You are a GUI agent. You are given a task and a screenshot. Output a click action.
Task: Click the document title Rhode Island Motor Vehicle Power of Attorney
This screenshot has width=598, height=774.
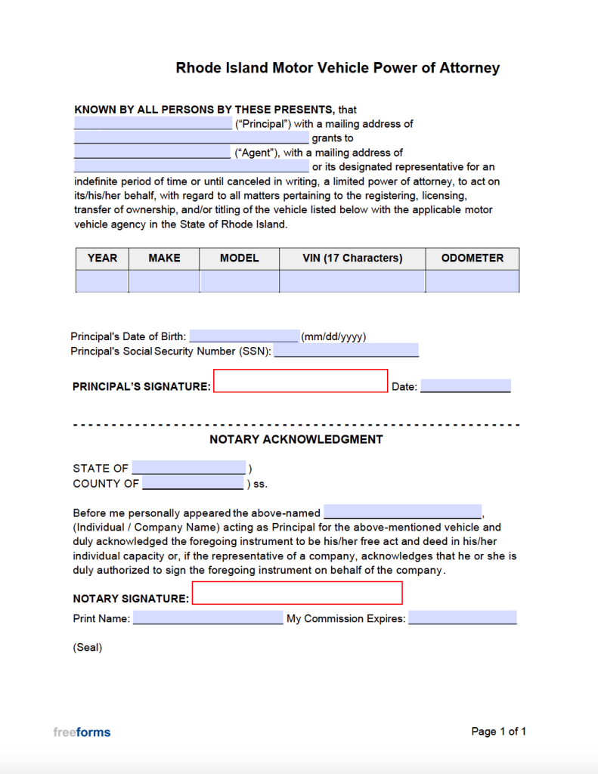point(337,68)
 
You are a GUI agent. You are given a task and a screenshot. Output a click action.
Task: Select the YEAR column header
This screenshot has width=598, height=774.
point(102,259)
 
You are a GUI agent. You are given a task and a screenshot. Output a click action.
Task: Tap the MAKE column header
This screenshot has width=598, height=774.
point(164,259)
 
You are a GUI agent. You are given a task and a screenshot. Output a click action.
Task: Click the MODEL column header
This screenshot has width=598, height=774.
point(239,259)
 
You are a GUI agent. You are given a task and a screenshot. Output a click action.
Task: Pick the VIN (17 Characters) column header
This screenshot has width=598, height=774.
point(352,259)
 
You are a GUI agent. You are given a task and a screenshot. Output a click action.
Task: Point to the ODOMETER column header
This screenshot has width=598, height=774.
point(472,259)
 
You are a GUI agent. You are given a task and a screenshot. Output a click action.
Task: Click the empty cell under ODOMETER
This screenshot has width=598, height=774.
point(472,281)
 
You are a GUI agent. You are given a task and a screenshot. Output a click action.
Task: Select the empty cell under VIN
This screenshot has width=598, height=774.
point(352,281)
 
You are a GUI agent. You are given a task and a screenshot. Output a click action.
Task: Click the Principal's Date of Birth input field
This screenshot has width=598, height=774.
point(243,336)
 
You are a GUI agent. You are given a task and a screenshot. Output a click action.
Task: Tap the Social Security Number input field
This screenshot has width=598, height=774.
point(345,351)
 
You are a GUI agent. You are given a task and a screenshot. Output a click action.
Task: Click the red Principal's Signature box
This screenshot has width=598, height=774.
point(300,381)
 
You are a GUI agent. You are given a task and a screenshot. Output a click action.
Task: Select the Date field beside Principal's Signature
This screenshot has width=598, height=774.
point(465,386)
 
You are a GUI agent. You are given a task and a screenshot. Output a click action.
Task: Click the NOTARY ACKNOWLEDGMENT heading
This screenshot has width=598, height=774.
point(296,439)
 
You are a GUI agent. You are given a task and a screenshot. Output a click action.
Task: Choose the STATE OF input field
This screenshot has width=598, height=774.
point(188,468)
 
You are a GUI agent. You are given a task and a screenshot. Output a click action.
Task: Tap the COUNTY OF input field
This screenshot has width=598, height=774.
point(193,483)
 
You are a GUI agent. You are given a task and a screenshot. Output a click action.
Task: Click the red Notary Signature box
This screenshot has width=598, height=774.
point(297,593)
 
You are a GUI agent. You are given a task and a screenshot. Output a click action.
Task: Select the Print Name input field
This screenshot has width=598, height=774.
point(207,618)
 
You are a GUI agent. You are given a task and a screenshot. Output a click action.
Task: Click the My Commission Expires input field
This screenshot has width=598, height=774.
point(462,618)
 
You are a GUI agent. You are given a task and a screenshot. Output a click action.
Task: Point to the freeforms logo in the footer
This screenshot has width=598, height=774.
point(82,732)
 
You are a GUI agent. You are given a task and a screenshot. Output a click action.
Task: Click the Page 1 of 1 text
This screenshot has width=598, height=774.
point(498,732)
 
